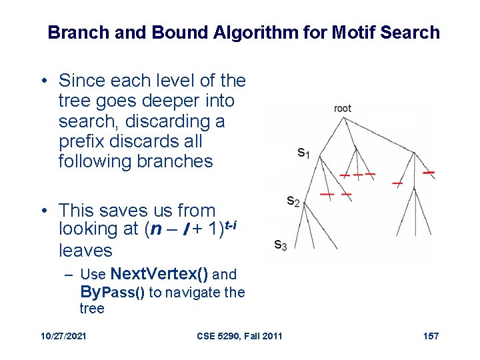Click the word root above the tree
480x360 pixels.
tap(343, 109)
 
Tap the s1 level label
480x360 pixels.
tap(303, 153)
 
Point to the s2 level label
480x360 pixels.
tap(293, 200)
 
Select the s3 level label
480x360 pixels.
tap(281, 245)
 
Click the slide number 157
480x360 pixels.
tap(431, 335)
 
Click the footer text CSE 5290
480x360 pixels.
tap(219, 335)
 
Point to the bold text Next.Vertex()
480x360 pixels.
tap(159, 274)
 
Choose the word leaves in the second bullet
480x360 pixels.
tap(85, 250)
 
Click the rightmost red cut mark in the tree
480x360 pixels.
tap(429, 173)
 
